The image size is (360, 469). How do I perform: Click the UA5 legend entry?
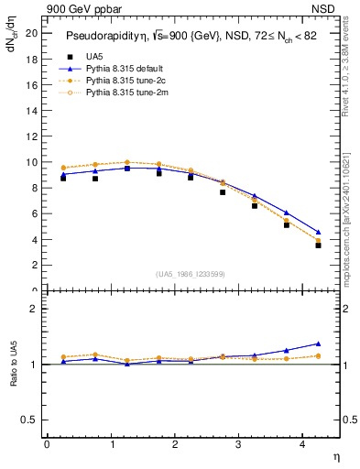tap(93, 57)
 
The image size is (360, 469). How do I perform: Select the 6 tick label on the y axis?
tap(34, 213)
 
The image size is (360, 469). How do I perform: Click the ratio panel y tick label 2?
tap(34, 310)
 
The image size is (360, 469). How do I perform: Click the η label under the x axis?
tap(335, 455)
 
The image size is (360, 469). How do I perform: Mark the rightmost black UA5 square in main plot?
tap(318, 245)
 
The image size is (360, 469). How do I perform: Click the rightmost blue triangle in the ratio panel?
tap(318, 344)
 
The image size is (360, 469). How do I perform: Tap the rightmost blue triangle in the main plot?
tap(318, 232)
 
